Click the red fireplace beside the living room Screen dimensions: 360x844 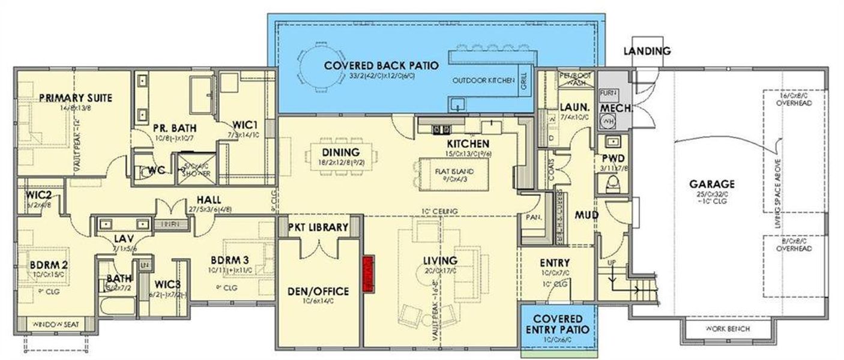point(369,274)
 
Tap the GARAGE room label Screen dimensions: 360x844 point(712,184)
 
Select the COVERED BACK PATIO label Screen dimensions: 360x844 point(381,65)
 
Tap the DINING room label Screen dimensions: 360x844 point(340,152)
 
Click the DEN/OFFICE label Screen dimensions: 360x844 point(319,291)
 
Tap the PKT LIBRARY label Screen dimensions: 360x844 point(318,227)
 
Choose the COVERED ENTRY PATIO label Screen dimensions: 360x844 point(558,324)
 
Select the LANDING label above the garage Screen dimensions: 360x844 point(647,51)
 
